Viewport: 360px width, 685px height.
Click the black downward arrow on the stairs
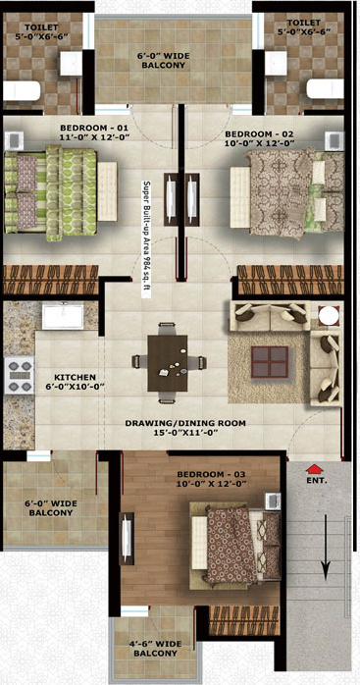(x=325, y=555)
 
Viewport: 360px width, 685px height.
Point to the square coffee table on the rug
(x=271, y=362)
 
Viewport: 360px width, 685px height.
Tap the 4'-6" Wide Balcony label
(x=155, y=649)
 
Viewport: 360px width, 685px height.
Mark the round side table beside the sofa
(x=328, y=316)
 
